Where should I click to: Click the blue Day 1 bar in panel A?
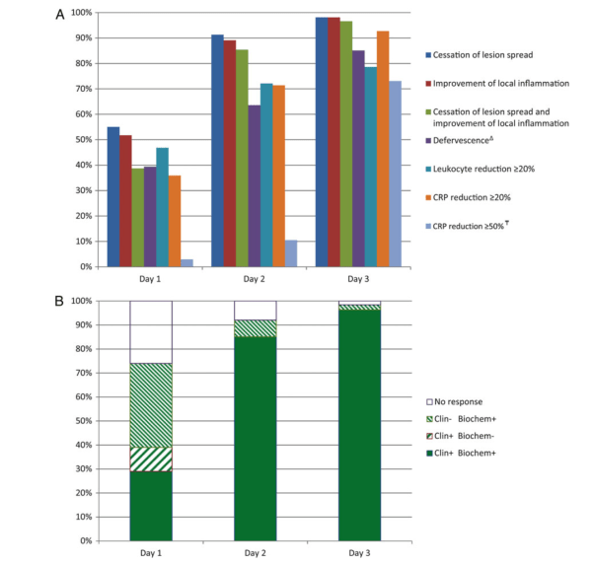coord(113,196)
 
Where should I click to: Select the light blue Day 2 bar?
coord(291,253)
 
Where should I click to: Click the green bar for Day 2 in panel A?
coord(242,158)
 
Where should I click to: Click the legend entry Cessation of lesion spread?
coord(490,54)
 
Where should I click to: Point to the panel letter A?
coord(60,15)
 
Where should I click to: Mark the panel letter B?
coord(60,296)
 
